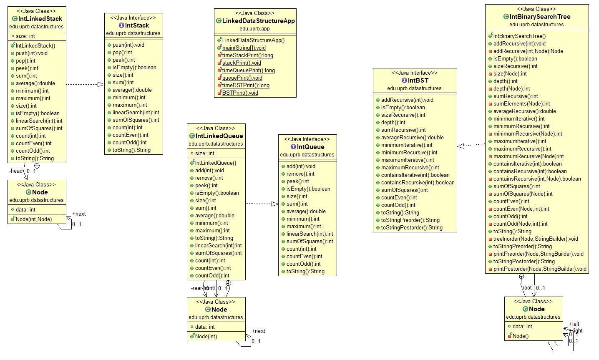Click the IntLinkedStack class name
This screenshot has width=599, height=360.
(x=40, y=19)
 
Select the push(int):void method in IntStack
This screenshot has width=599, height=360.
(x=128, y=45)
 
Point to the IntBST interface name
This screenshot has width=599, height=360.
(x=418, y=81)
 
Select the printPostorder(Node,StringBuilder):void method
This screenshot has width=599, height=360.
(x=540, y=269)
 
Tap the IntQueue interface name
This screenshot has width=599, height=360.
(x=310, y=147)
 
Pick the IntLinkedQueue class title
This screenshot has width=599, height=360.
(x=219, y=136)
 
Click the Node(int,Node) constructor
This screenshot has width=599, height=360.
(x=34, y=219)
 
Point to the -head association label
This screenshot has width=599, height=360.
(x=16, y=171)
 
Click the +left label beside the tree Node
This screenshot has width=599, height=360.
(x=574, y=324)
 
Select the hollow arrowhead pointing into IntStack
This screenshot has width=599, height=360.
(x=101, y=84)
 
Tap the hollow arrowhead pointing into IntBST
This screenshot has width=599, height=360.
(x=461, y=146)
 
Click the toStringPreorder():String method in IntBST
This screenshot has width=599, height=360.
(x=410, y=220)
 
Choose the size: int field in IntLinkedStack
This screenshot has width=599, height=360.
(x=25, y=36)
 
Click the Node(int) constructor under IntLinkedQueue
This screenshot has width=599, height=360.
(x=206, y=337)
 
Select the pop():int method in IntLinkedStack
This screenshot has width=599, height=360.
(x=25, y=61)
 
